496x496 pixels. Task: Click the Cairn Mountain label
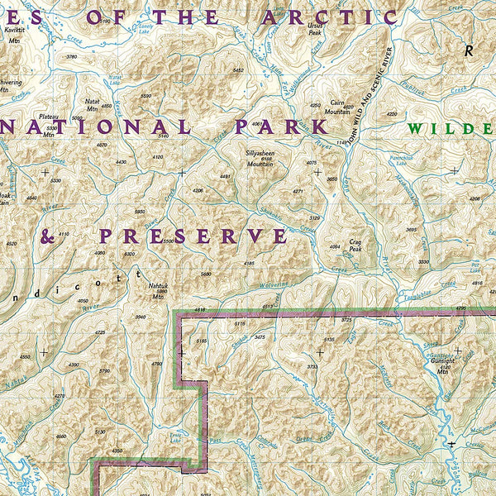[336, 107]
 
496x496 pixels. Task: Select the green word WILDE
[450, 129]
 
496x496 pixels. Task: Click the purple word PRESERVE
[193, 236]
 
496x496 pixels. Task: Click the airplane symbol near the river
[451, 444]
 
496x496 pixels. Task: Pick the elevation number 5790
[104, 371]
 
